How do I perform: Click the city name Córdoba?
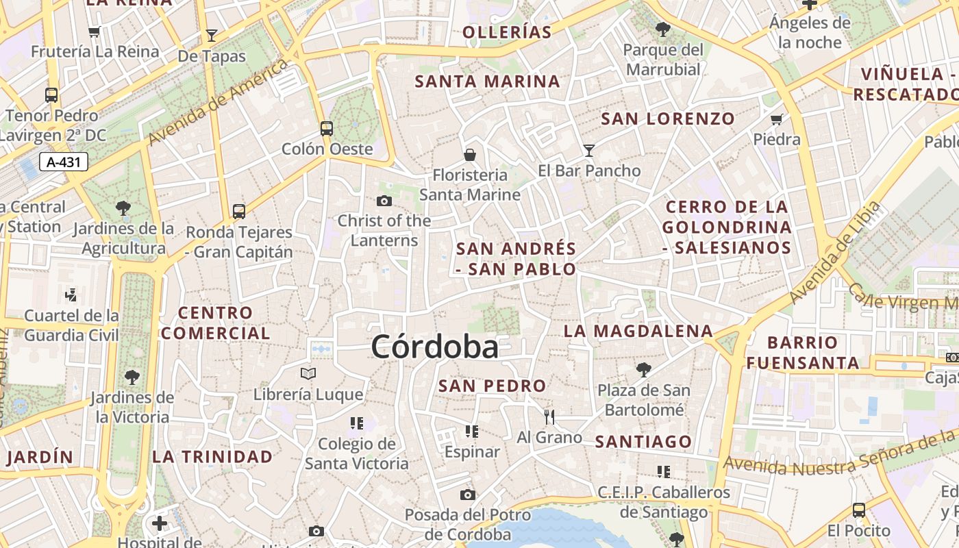pyautogui.click(x=434, y=347)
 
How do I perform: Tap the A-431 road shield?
pyautogui.click(x=64, y=162)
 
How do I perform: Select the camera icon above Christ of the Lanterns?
pyautogui.click(x=384, y=201)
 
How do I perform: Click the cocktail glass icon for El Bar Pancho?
pyautogui.click(x=588, y=151)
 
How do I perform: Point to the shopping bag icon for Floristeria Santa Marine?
pyautogui.click(x=470, y=155)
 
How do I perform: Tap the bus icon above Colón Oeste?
pyautogui.click(x=327, y=128)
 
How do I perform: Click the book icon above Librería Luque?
pyautogui.click(x=308, y=374)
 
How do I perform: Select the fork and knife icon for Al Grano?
pyautogui.click(x=549, y=416)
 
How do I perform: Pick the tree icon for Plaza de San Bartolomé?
pyautogui.click(x=643, y=370)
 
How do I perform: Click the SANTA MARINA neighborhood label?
pyautogui.click(x=488, y=82)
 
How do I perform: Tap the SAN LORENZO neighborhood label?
pyautogui.click(x=668, y=119)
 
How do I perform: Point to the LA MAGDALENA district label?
pyautogui.click(x=638, y=332)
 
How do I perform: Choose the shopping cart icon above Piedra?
pyautogui.click(x=777, y=120)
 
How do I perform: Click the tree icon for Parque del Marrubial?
pyautogui.click(x=662, y=29)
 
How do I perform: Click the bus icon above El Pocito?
pyautogui.click(x=859, y=510)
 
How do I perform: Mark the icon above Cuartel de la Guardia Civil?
pyautogui.click(x=71, y=295)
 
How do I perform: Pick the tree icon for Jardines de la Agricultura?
pyautogui.click(x=123, y=208)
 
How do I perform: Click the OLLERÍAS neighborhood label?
pyautogui.click(x=507, y=32)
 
